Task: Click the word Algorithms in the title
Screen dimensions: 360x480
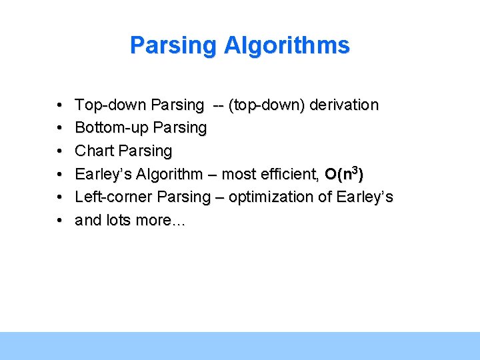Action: point(287,45)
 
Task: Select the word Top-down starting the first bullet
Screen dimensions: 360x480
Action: point(111,105)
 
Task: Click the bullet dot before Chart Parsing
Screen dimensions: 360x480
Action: point(60,151)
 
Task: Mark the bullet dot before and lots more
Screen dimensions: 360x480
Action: point(60,221)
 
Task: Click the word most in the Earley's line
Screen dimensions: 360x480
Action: point(237,174)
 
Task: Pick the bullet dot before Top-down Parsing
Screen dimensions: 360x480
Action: point(60,106)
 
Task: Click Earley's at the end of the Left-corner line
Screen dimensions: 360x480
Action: point(365,197)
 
